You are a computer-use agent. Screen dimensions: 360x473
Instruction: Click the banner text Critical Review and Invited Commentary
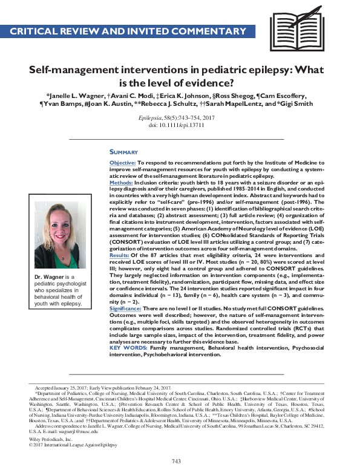(128, 30)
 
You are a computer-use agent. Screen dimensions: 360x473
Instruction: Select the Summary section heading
(123, 152)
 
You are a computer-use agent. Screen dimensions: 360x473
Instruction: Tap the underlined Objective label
(122, 164)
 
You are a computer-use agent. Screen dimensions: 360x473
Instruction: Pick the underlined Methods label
(121, 182)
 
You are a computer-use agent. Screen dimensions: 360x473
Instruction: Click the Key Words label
(128, 348)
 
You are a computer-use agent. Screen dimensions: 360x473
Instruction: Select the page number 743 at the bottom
(176, 462)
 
